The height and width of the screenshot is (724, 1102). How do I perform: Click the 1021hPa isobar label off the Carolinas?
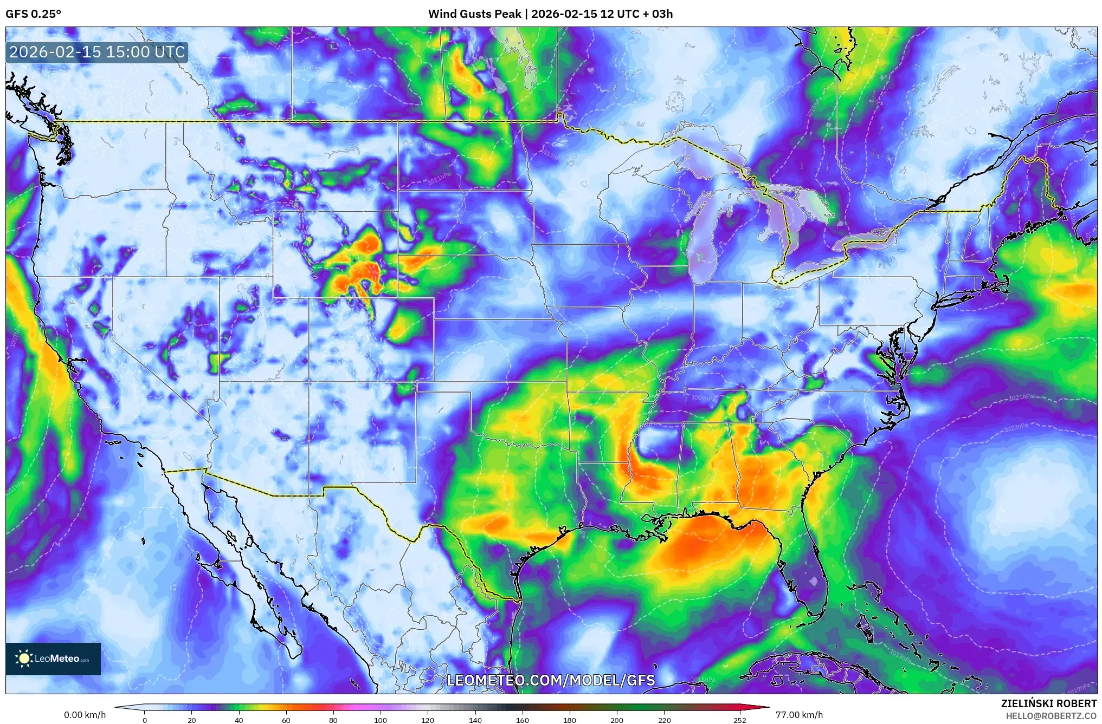coord(1021,397)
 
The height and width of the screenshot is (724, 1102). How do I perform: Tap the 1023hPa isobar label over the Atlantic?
coord(1016,427)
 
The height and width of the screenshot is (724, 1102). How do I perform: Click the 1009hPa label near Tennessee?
coord(704,398)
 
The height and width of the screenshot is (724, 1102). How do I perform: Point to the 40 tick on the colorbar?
coord(239,720)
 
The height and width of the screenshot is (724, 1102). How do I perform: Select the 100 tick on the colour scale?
coord(381,720)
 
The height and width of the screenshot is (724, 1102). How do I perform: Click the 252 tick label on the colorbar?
coord(740,720)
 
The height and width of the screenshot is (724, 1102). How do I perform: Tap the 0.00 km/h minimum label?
coord(85,715)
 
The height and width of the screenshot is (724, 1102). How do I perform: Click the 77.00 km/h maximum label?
coord(799,715)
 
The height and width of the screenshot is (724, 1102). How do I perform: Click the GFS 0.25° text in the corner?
coord(33,14)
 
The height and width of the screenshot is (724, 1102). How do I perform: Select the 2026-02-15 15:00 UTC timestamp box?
coord(97,52)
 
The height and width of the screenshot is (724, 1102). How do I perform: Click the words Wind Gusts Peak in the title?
coord(475,14)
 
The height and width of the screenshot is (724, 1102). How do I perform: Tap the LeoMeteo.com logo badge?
coord(53,658)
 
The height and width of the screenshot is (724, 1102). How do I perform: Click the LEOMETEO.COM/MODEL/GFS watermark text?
coord(551,680)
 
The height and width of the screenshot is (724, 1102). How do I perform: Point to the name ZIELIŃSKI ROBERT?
coord(1048,703)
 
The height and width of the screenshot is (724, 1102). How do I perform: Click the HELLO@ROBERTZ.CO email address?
coord(1051,716)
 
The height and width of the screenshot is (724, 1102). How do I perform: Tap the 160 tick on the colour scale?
coord(523,720)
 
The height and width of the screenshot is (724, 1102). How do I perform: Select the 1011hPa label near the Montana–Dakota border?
coord(439,179)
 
